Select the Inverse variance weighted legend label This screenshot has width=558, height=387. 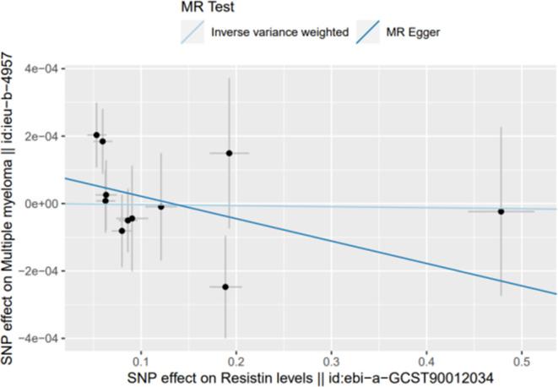click(279, 32)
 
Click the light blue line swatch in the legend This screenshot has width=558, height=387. click(192, 32)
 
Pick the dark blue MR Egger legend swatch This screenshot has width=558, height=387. click(370, 32)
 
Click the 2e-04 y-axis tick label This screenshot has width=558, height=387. click(40, 136)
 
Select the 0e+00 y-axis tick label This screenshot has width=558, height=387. click(40, 204)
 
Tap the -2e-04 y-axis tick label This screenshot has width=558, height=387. click(37, 271)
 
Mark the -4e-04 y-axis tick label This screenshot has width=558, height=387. click(37, 339)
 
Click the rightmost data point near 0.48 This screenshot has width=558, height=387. click(501, 211)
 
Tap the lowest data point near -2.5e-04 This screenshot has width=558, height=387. click(225, 287)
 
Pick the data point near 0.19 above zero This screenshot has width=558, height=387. click(229, 153)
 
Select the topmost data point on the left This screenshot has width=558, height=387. click(96, 135)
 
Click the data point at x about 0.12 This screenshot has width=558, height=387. click(161, 207)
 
